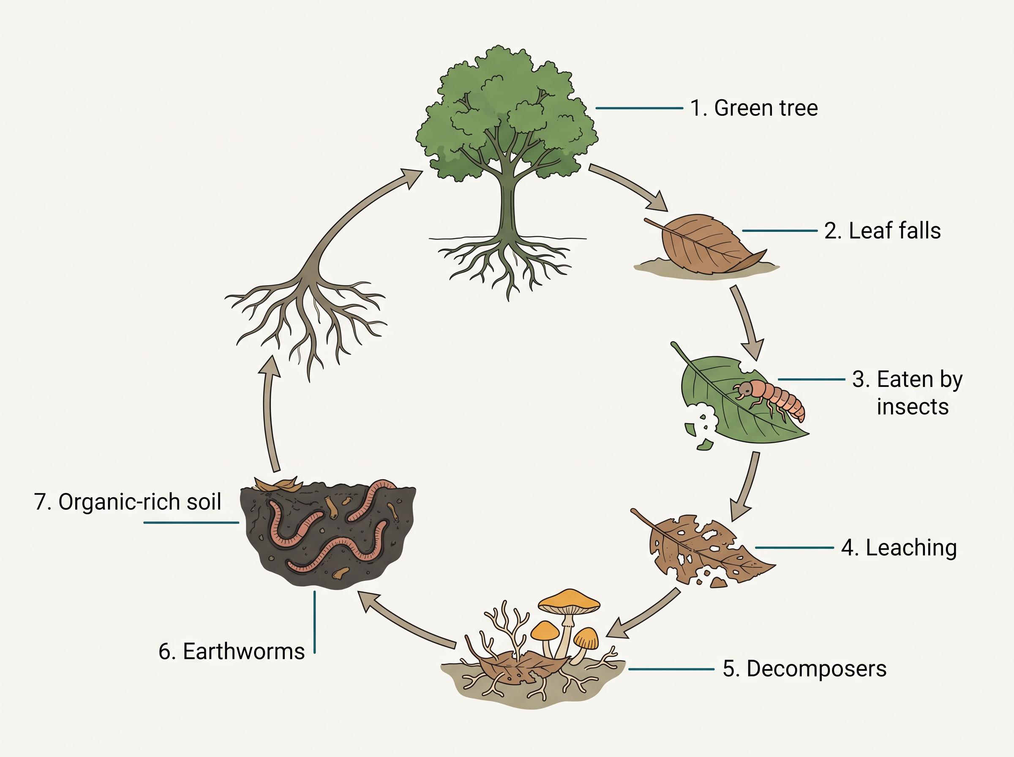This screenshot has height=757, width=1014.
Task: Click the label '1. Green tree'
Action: click(754, 108)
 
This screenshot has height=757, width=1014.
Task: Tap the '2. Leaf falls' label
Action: click(883, 231)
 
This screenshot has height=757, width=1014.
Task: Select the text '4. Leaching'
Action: click(899, 548)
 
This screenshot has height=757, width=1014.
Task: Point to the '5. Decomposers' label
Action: click(804, 669)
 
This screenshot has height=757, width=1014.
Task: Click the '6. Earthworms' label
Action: click(232, 651)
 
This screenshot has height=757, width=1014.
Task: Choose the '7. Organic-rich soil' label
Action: click(128, 502)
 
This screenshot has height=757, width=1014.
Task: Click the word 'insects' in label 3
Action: click(912, 407)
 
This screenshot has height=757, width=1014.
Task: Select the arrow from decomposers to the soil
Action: click(405, 621)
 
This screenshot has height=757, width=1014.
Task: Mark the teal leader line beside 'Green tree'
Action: click(639, 108)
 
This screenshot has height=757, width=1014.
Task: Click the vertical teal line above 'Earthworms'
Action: click(315, 622)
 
